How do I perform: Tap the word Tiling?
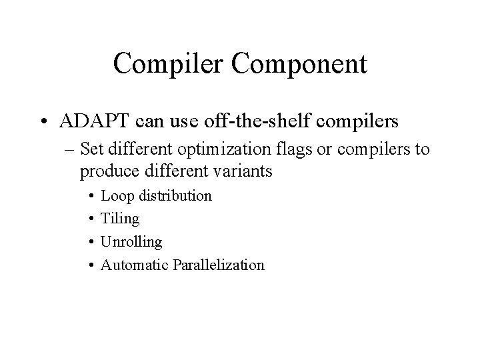pyautogui.click(x=120, y=219)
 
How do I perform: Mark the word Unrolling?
pyautogui.click(x=131, y=241)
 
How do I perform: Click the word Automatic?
pyautogui.click(x=134, y=265)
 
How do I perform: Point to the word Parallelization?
pyautogui.click(x=218, y=265)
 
